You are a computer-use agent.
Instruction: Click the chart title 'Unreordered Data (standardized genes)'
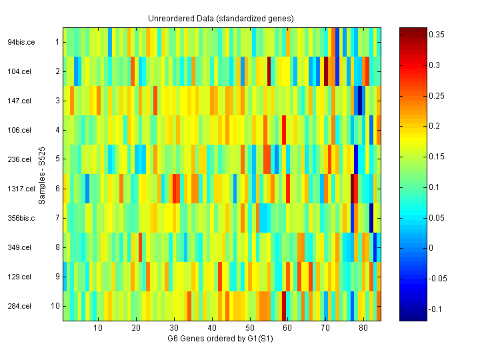(x=221, y=18)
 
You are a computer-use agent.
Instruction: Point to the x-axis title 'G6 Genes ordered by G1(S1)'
(x=221, y=339)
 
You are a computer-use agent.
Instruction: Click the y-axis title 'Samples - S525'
(x=41, y=175)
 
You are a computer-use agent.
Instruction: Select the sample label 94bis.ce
(x=19, y=42)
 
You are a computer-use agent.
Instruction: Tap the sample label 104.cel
(x=19, y=71)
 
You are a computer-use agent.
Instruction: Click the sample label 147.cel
(x=19, y=101)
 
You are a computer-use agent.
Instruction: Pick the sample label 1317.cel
(x=18, y=189)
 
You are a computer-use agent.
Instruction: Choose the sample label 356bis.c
(x=19, y=218)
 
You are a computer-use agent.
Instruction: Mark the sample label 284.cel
(x=19, y=306)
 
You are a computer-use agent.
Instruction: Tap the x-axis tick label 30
(x=174, y=328)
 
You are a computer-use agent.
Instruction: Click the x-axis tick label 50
(x=250, y=328)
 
